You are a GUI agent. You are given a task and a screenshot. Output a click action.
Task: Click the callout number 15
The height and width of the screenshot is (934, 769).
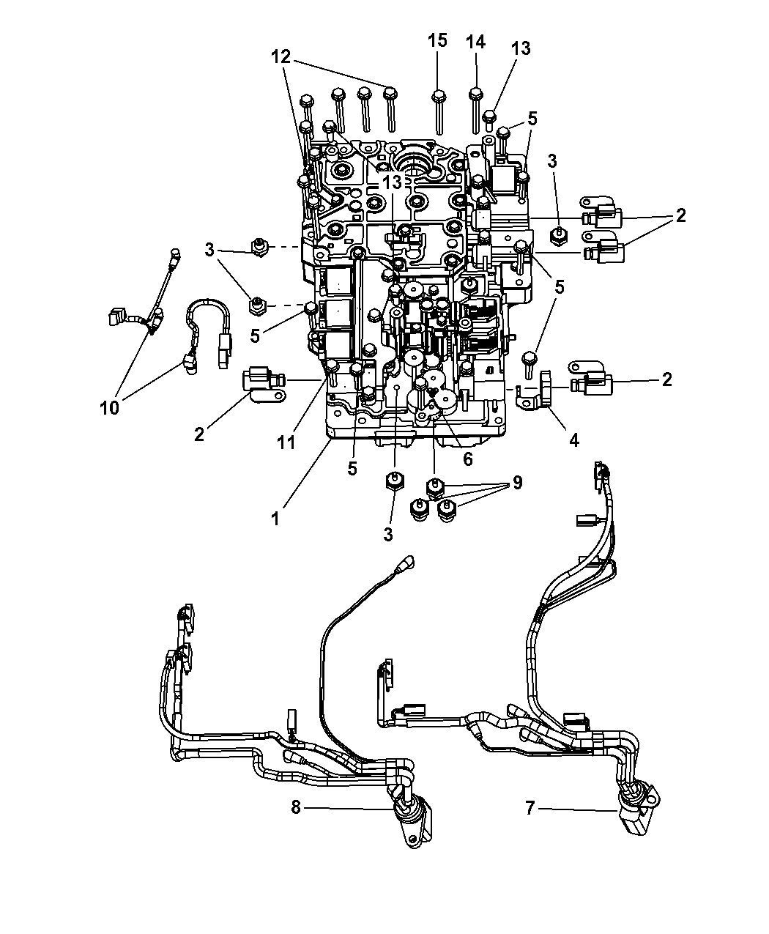coord(437,41)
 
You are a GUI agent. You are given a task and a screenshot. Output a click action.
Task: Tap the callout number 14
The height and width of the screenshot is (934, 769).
coord(475,42)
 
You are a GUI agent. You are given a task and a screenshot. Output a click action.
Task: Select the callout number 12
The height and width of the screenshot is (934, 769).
coord(281,57)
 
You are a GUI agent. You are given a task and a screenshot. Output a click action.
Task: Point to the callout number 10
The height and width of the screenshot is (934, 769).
coord(110,407)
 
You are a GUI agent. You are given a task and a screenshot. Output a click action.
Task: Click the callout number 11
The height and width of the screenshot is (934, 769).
coord(286,442)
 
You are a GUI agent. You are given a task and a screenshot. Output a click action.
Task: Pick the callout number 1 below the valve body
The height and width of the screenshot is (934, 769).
coord(275,519)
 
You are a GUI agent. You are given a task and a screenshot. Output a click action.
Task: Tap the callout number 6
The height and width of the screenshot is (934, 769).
coord(467,459)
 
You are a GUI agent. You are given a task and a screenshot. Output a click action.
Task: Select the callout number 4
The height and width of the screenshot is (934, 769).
coord(574,440)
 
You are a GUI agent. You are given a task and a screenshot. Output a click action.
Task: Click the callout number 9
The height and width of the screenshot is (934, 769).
coord(517,483)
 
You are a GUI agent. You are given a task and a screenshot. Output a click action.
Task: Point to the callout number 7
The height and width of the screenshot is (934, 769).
coord(530,808)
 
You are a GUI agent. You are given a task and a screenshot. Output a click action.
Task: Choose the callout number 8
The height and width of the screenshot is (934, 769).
coord(295,807)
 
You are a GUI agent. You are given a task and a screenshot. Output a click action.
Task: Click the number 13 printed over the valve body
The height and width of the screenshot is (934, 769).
coord(392,182)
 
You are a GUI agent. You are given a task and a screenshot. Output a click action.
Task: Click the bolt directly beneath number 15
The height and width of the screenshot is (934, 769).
coord(439,112)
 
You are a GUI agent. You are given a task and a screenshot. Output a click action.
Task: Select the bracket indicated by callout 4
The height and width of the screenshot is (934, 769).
coord(535,388)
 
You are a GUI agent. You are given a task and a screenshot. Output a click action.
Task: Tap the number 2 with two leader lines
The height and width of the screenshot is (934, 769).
coord(680,215)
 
